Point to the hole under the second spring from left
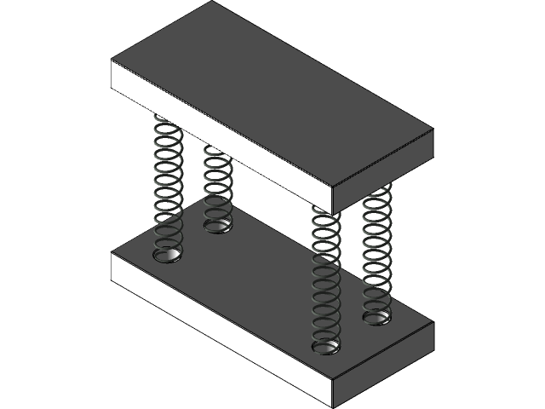point(218,226)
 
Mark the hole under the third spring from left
point(326,347)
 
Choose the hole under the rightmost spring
point(376,319)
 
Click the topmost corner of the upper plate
point(209,3)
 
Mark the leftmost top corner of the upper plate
point(112,60)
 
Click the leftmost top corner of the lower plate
point(112,253)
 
